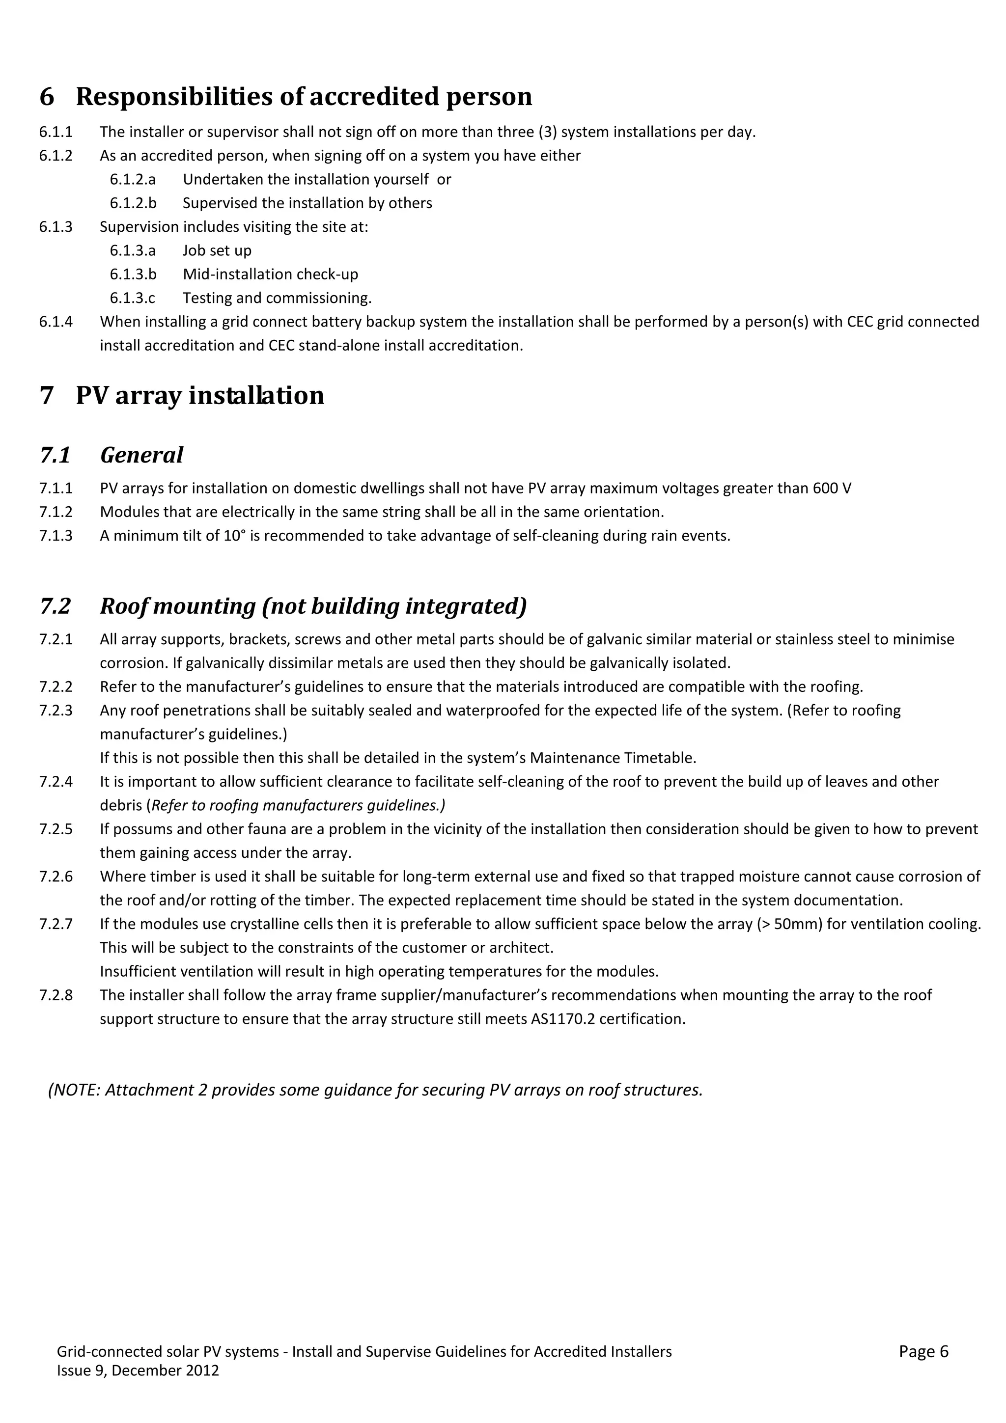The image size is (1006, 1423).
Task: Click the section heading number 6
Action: point(47,97)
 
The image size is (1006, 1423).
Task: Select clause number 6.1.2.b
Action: point(133,203)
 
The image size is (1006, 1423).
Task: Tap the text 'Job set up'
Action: point(217,250)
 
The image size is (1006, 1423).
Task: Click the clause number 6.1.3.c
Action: point(133,298)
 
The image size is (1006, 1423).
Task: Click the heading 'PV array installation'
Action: point(199,395)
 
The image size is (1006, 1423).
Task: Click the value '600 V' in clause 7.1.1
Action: point(832,489)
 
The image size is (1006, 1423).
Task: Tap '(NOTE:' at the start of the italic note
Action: point(74,1090)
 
